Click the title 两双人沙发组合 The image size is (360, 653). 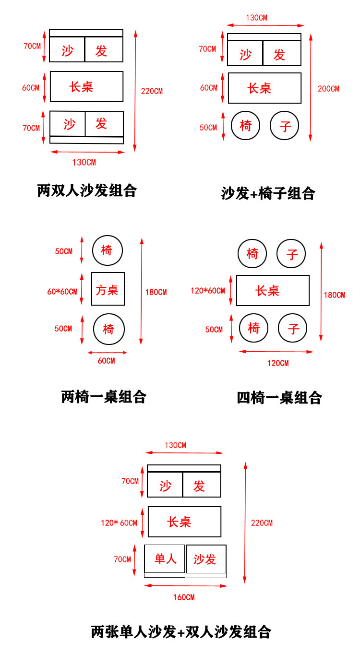[87, 190]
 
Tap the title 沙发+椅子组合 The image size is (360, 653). [268, 193]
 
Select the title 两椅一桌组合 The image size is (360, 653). [104, 397]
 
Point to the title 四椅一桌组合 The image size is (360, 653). [279, 398]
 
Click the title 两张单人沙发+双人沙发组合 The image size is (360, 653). [181, 631]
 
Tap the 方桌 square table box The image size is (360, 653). [108, 289]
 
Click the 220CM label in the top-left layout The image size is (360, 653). [152, 91]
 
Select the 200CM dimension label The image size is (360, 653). [328, 89]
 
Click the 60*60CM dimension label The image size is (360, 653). [62, 291]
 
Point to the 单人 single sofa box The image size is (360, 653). [165, 559]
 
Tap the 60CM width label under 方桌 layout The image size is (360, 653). [107, 361]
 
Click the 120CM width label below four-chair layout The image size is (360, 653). [278, 363]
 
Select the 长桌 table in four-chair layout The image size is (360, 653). [273, 290]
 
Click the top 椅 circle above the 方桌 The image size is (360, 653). [108, 250]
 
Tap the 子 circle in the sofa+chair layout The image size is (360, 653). [285, 126]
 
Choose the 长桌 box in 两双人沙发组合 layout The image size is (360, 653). [86, 86]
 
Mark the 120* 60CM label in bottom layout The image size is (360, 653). [119, 522]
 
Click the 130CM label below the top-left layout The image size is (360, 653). [84, 162]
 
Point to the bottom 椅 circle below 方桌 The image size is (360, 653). [109, 330]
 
